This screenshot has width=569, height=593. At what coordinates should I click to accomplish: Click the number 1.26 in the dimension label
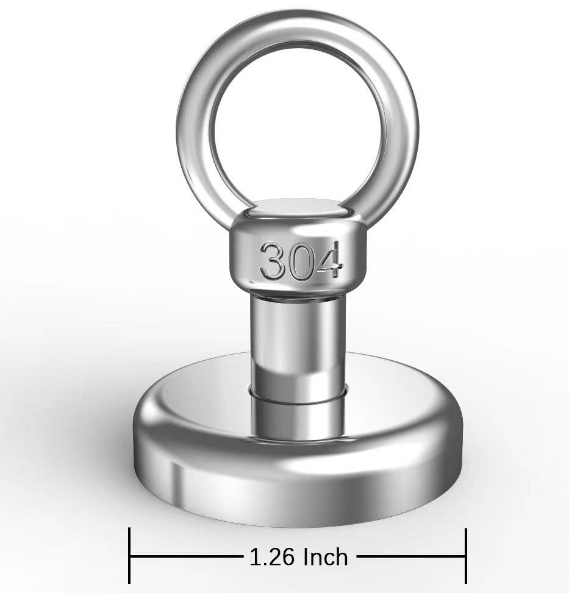271,556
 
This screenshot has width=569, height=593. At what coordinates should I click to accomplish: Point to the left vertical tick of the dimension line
130,556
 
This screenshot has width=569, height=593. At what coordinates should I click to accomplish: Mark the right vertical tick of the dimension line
466,556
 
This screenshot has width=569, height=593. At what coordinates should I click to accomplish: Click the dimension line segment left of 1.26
186,556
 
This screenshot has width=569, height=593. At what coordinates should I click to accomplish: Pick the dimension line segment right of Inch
409,556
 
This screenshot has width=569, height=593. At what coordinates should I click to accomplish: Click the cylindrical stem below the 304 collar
298,341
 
